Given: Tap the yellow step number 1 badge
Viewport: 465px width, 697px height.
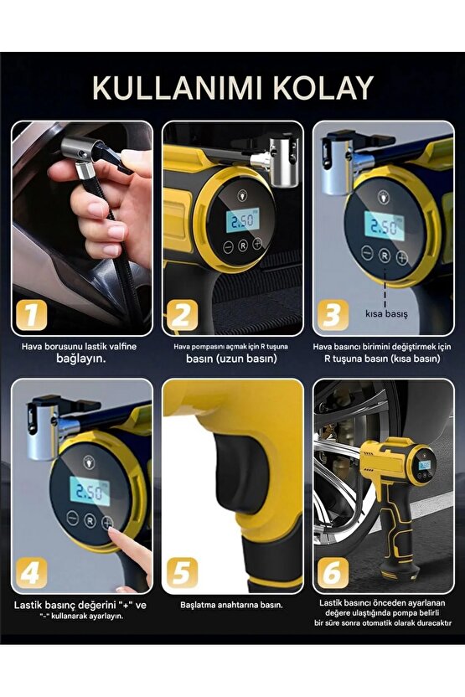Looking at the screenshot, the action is (x=31, y=315).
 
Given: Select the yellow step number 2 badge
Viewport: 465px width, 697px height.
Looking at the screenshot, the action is (x=181, y=315).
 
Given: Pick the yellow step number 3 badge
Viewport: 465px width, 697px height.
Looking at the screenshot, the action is (x=333, y=315).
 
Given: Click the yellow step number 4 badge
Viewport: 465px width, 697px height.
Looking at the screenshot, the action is (x=31, y=572).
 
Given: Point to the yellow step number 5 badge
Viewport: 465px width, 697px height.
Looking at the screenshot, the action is (x=183, y=572).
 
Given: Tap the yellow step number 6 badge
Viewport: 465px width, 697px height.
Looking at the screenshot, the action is (x=333, y=572).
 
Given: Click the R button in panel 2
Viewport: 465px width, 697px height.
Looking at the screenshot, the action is (x=242, y=245).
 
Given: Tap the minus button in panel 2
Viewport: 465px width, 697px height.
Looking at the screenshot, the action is (x=228, y=247).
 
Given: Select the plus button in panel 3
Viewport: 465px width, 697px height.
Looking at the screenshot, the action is (x=401, y=257).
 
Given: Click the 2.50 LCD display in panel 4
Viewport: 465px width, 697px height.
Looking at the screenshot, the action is (x=90, y=491).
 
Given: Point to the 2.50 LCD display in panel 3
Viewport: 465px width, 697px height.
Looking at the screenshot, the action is (x=383, y=227).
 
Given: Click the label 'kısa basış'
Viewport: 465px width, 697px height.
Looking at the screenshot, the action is (x=386, y=313).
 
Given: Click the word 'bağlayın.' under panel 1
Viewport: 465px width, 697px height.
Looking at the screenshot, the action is (x=81, y=359).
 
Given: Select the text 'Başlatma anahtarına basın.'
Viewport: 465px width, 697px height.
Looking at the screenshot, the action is (x=231, y=605).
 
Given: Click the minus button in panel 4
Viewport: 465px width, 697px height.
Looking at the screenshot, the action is (x=72, y=518).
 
